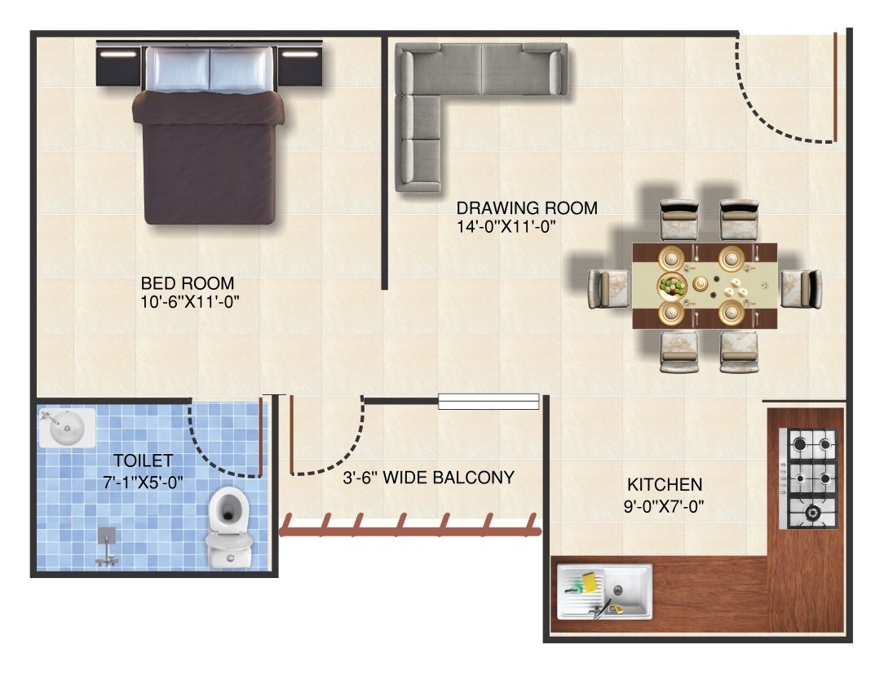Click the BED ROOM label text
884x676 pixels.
coord(188,282)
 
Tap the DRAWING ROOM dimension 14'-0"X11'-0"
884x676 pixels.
coord(506,227)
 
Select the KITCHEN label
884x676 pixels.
coord(665,485)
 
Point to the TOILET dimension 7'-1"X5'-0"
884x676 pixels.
coord(144,483)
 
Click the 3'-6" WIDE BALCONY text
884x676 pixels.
coord(428,478)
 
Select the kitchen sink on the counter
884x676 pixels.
coord(604,591)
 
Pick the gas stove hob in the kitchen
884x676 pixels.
coord(808,478)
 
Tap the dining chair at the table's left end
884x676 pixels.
coord(609,289)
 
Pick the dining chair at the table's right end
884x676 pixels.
coord(801,289)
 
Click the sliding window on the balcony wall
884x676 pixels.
coord(488,401)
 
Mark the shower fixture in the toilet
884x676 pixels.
coord(107,546)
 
